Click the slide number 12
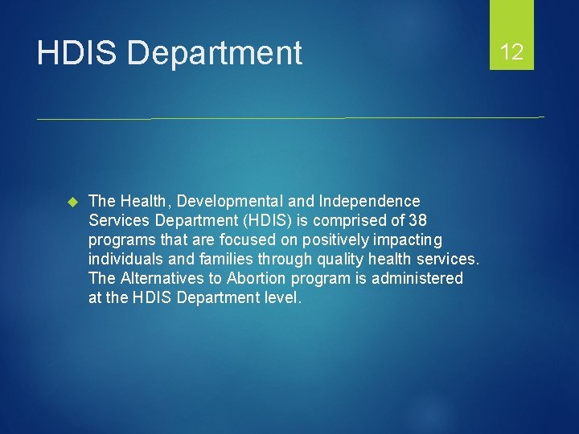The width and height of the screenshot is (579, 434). click(x=511, y=53)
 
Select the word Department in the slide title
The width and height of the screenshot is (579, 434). click(x=215, y=54)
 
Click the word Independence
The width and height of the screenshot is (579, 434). click(x=369, y=201)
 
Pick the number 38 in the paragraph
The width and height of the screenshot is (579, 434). click(x=417, y=220)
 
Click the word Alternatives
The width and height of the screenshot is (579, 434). click(x=158, y=278)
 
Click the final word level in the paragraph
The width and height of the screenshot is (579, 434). click(x=283, y=297)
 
